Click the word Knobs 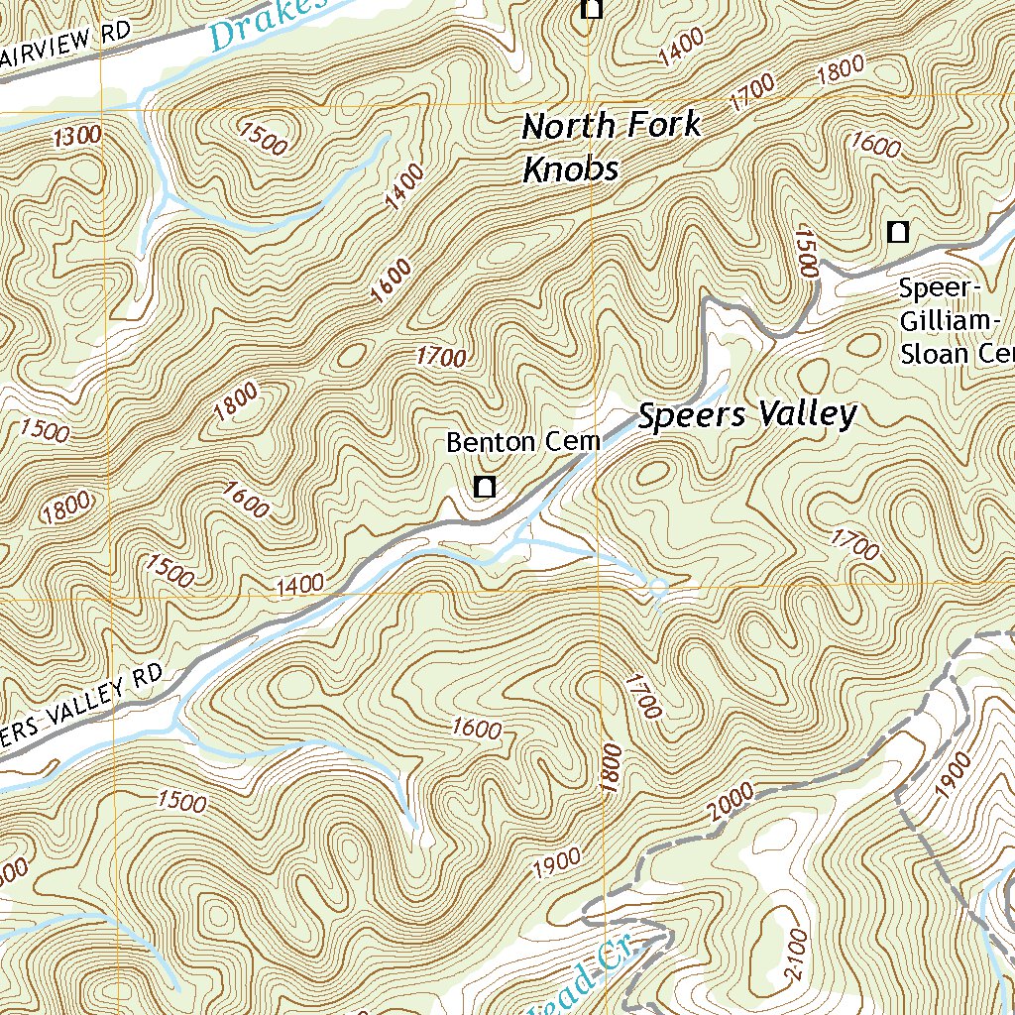pyautogui.click(x=570, y=169)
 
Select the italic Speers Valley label pyautogui.click(x=746, y=415)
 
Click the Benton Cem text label pyautogui.click(x=523, y=442)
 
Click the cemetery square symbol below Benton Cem pyautogui.click(x=485, y=487)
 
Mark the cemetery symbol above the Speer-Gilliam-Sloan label pyautogui.click(x=898, y=233)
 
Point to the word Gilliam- pyautogui.click(x=950, y=321)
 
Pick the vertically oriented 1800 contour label pyautogui.click(x=612, y=768)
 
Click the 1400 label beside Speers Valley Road pyautogui.click(x=300, y=585)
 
